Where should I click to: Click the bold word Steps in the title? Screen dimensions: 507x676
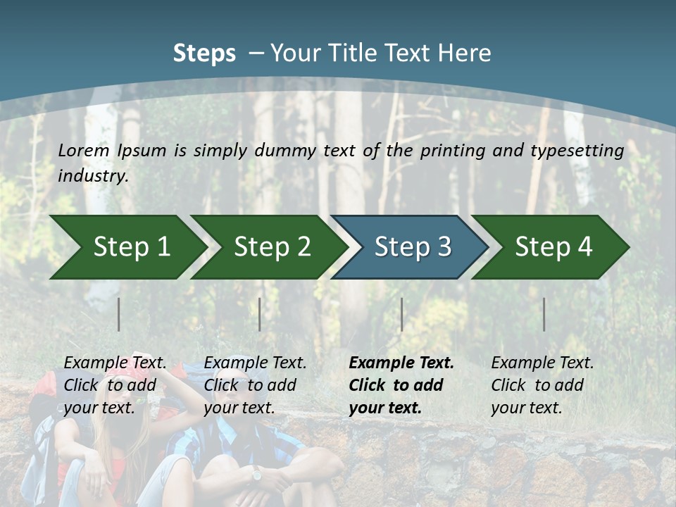tap(204, 54)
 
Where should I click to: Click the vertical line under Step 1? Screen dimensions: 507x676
tap(119, 314)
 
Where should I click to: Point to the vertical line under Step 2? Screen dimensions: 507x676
tap(260, 314)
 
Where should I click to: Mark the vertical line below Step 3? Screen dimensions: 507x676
tap(401, 314)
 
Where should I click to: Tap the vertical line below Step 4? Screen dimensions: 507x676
tap(544, 314)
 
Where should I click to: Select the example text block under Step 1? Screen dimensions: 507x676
tap(115, 384)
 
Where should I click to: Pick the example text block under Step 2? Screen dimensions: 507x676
tap(255, 384)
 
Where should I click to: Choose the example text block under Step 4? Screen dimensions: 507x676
tap(542, 384)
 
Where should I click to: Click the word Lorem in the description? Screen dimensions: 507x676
tap(84, 151)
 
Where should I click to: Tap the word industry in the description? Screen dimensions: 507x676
tap(93, 176)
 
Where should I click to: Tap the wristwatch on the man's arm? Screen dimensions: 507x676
tap(256, 474)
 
